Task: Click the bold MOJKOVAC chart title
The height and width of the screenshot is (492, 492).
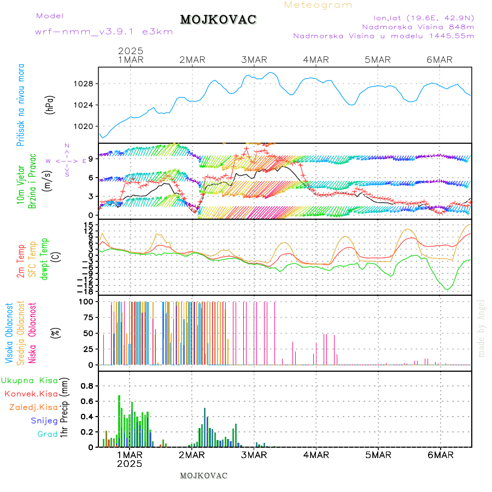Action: [x=218, y=20]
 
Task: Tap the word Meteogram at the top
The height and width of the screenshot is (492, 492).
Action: [x=318, y=5]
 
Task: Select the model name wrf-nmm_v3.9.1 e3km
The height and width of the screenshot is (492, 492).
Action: [x=104, y=32]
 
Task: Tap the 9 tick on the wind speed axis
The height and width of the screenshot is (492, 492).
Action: [x=91, y=159]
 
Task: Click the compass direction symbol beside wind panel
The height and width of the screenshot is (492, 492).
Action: [x=66, y=161]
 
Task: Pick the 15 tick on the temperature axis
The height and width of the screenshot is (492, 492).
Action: [x=89, y=225]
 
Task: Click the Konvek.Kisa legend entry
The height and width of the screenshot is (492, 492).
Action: [x=31, y=394]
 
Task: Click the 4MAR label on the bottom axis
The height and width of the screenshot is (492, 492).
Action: [x=316, y=455]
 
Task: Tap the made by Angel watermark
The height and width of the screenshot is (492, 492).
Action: [x=482, y=328]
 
